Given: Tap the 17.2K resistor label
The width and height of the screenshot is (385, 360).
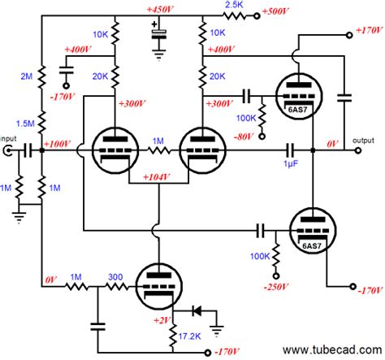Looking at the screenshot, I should pos(191,335).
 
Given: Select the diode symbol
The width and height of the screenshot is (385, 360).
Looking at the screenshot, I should pos(197,310).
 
